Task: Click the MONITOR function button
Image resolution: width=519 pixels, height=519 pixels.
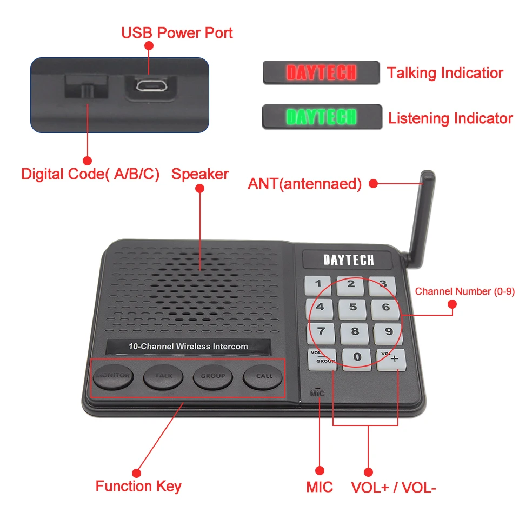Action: point(113,376)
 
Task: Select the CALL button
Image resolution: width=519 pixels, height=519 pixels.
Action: point(264,376)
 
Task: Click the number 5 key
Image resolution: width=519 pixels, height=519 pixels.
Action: point(353,308)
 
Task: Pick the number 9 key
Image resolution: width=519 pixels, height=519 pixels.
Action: point(389,332)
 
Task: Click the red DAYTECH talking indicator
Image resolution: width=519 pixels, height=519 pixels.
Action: point(321,72)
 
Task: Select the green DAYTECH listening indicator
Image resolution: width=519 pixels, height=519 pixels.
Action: point(322,117)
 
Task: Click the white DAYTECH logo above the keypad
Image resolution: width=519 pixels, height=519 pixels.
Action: point(348,260)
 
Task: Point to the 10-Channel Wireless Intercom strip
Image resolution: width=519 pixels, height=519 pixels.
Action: point(188,347)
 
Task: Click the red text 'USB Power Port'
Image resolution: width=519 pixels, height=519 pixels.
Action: point(177,33)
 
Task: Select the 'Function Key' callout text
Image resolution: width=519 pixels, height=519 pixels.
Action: point(138,486)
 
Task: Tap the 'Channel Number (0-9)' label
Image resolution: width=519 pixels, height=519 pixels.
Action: point(464,292)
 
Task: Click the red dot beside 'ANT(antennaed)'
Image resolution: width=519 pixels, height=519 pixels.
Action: point(373,184)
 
